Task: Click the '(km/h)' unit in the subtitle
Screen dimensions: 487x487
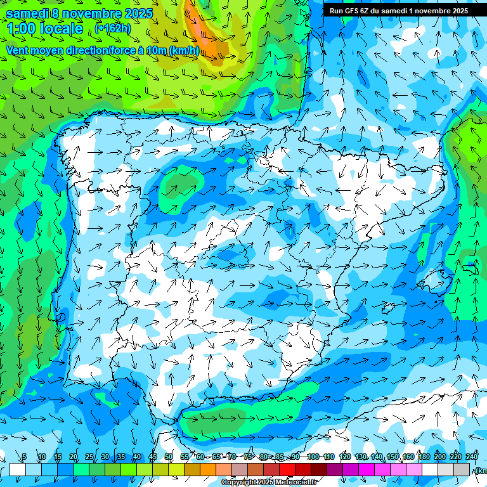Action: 184,50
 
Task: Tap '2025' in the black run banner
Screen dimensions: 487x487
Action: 457,11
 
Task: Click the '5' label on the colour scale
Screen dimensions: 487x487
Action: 24,457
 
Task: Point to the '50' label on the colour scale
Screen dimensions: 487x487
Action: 168,457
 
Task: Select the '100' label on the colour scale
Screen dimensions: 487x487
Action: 313,457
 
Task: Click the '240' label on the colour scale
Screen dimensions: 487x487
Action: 472,457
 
